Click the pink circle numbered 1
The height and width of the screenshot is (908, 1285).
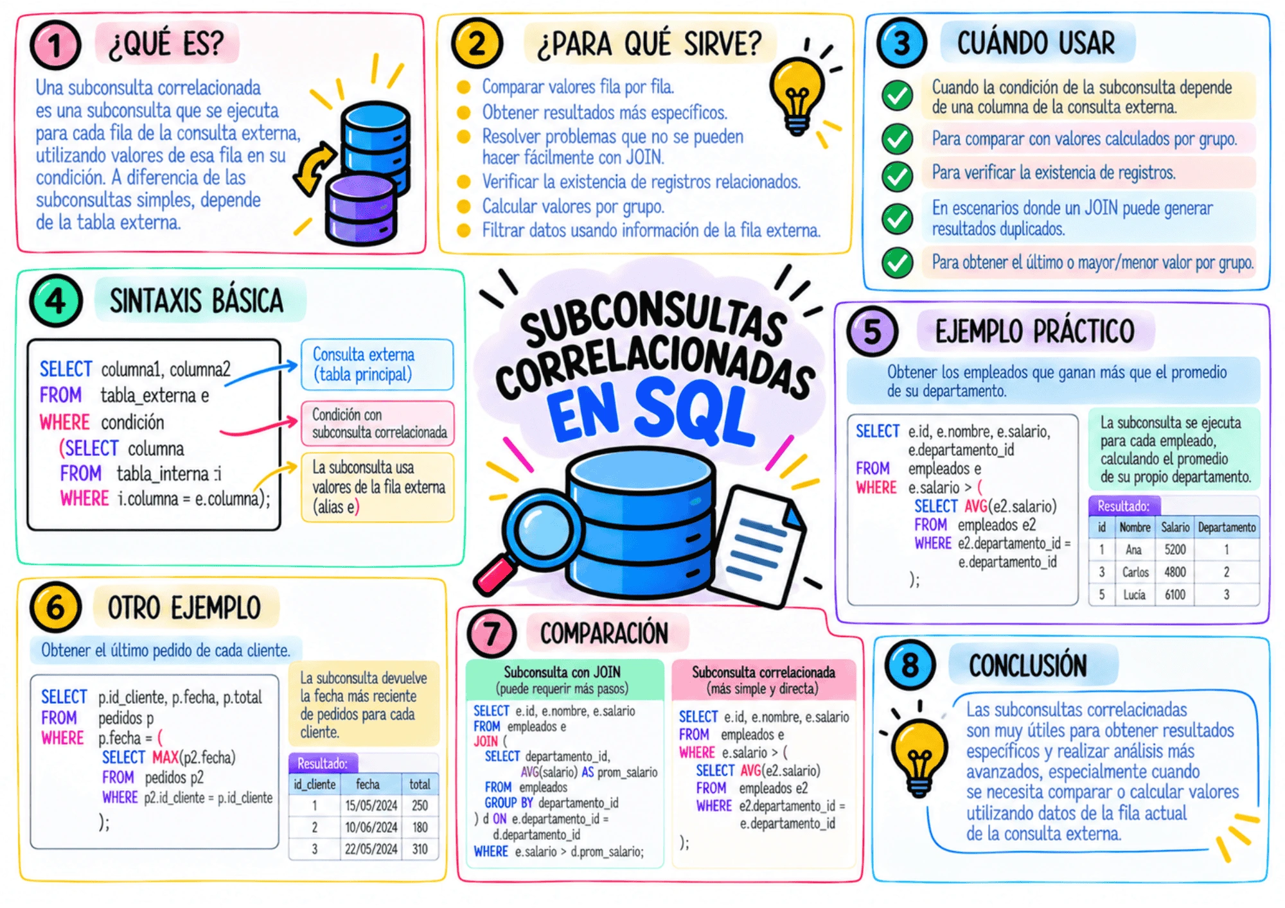tap(55, 45)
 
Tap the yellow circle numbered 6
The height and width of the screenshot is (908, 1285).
tap(55, 607)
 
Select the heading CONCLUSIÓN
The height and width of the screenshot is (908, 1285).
tap(1027, 666)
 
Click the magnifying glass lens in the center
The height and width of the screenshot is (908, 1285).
tap(543, 529)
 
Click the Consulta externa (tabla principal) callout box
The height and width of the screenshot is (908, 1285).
tap(377, 364)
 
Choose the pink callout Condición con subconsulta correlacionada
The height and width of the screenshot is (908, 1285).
tap(378, 423)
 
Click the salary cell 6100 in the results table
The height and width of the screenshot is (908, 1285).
tap(1174, 595)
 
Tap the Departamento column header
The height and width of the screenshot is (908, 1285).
tap(1227, 527)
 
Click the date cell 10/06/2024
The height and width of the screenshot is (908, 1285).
tap(371, 827)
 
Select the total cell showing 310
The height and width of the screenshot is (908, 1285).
tap(420, 849)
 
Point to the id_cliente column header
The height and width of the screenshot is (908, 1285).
tap(315, 784)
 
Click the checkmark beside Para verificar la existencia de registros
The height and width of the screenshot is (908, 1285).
tap(898, 175)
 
